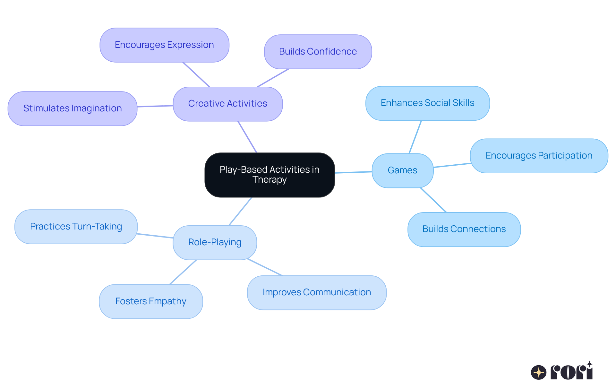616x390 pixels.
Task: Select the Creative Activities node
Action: tap(227, 104)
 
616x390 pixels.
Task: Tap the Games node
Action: tap(402, 170)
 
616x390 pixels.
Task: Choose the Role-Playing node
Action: tap(215, 242)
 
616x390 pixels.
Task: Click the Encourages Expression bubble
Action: tap(164, 45)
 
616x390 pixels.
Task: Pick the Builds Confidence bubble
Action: tap(318, 52)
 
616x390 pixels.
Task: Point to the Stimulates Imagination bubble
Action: tap(73, 108)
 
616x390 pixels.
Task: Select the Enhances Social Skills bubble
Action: tap(427, 103)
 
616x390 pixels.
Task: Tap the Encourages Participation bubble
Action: tap(539, 156)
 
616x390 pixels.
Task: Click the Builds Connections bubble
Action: tap(464, 229)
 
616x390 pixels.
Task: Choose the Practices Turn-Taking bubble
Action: tap(76, 227)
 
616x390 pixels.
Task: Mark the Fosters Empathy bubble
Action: tap(151, 301)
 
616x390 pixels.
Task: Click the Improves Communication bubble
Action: tap(317, 292)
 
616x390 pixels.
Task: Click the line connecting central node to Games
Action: tap(353, 172)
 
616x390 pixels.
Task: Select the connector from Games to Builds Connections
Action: tap(433, 200)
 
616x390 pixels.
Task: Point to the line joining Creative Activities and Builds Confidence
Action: tap(273, 78)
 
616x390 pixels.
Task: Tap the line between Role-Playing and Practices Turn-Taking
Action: tap(155, 236)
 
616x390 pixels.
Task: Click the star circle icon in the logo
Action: tap(538, 372)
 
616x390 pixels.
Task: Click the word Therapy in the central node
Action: tap(269, 180)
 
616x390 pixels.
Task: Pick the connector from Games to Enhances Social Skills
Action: tap(415, 137)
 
